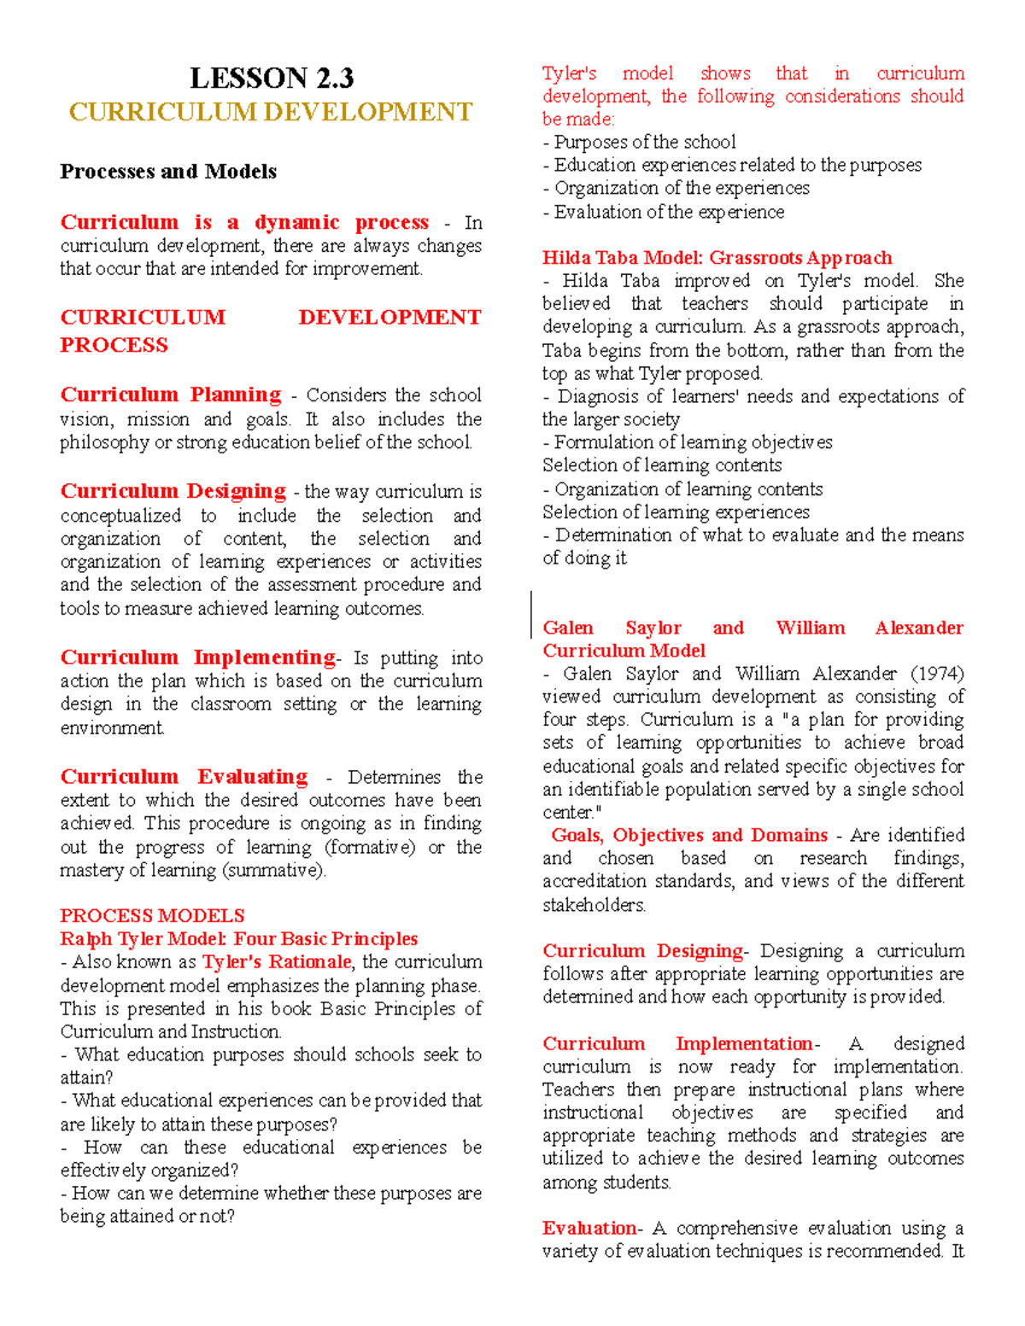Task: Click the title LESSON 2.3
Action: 271,79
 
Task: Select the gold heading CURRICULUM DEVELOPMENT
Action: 271,112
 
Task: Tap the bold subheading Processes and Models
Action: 168,172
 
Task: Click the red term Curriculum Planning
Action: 171,394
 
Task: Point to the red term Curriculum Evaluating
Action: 184,776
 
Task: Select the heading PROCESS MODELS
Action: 152,915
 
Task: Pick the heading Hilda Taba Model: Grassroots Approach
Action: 717,258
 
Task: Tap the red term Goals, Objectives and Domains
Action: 689,835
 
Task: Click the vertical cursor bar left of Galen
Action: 531,613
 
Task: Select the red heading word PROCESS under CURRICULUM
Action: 114,345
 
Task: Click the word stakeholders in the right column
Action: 594,904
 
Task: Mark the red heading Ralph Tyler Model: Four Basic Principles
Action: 239,938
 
